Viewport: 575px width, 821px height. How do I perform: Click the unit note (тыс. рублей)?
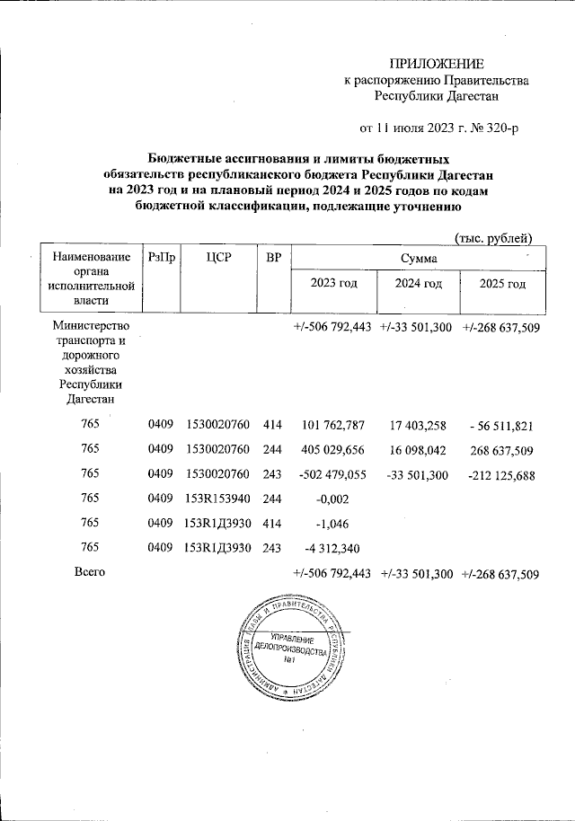(x=494, y=237)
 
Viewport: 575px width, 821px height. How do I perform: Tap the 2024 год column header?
(x=420, y=285)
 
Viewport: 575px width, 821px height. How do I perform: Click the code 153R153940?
(x=217, y=499)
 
